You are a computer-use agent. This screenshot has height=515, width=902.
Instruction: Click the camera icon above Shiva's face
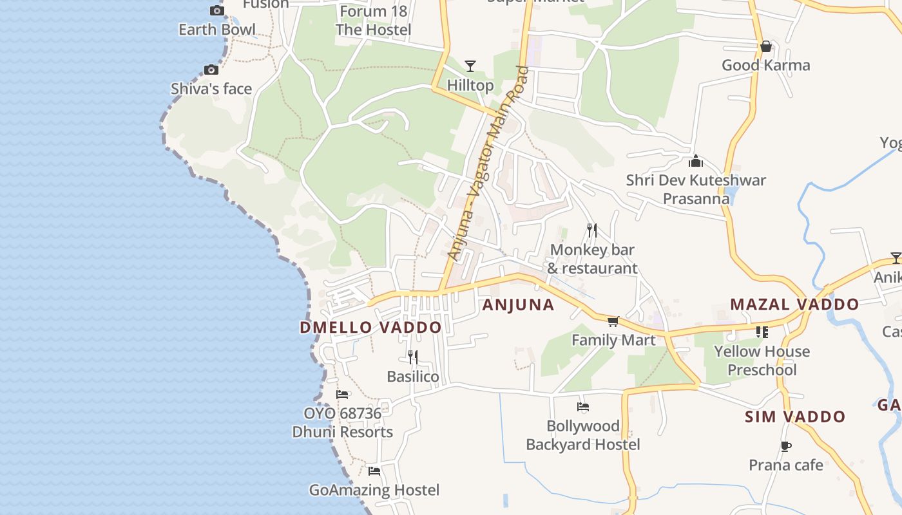click(211, 70)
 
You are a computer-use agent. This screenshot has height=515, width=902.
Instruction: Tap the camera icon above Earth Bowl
click(217, 10)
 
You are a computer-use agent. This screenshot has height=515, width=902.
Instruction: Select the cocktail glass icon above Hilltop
click(470, 66)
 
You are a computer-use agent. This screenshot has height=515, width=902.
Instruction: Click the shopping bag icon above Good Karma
click(766, 46)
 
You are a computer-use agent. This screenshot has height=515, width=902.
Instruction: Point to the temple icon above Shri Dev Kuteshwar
click(696, 161)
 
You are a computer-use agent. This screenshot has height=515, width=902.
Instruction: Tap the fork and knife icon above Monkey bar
click(592, 230)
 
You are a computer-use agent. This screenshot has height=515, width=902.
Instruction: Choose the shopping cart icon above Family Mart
click(613, 321)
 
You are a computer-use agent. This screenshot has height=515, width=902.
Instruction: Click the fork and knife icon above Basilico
click(413, 357)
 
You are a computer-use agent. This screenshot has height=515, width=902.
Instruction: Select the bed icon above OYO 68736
click(342, 394)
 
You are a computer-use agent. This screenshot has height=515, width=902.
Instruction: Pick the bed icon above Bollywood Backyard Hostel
click(583, 407)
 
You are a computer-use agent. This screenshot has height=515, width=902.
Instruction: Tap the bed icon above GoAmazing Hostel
click(374, 471)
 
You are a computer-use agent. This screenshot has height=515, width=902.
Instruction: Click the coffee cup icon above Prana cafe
click(785, 446)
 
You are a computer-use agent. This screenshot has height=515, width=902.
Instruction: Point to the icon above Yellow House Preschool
click(762, 332)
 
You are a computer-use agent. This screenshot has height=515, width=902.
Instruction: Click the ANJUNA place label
click(518, 305)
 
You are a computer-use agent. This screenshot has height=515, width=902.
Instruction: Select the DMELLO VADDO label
click(370, 327)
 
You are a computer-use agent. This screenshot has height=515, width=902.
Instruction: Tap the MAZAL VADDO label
click(794, 304)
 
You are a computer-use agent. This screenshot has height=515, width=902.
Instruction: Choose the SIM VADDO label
click(795, 417)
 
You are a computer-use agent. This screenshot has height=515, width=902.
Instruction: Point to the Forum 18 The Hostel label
click(373, 21)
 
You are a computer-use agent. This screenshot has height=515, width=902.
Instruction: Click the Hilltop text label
click(470, 85)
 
